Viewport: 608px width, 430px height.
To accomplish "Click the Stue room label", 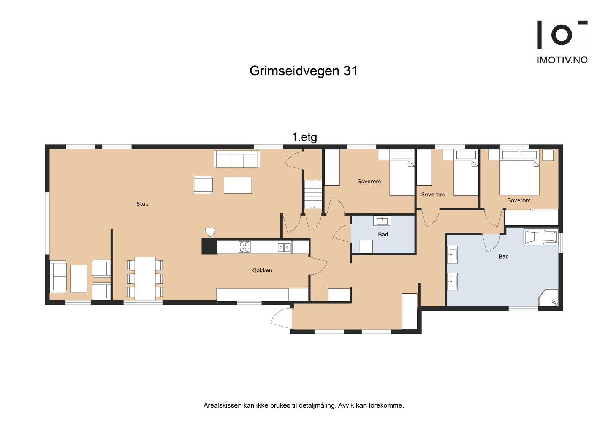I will coord(142,204).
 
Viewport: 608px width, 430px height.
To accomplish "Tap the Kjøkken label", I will coord(261,270).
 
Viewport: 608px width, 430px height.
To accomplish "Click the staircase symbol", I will coord(313,194).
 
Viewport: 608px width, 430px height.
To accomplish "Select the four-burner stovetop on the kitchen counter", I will coord(244,247).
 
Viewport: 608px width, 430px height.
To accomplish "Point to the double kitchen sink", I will coord(284,248).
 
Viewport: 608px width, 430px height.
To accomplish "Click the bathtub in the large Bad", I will coord(540,237).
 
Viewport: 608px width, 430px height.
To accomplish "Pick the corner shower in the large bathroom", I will coord(549,297).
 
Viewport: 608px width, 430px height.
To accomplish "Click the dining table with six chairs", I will coord(145,278).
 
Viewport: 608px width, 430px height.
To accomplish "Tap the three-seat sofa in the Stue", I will coord(237,159).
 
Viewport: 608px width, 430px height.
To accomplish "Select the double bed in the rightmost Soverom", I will coord(519,173).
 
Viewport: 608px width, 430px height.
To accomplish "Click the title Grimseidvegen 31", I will coord(303,71).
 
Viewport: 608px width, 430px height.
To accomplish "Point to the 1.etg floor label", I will coord(304,137).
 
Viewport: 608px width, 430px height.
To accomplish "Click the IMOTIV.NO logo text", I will coord(562,60).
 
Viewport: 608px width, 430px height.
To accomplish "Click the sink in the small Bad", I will coord(382,221).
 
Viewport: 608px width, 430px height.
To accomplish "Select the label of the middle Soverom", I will coord(433,194).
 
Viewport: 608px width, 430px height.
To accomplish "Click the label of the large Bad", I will coord(503,257).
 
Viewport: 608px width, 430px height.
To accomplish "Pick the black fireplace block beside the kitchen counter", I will coord(209,246).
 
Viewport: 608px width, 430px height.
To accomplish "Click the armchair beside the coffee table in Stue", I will coord(203,185).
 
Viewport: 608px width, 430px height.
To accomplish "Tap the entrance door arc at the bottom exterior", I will coord(281,317).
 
